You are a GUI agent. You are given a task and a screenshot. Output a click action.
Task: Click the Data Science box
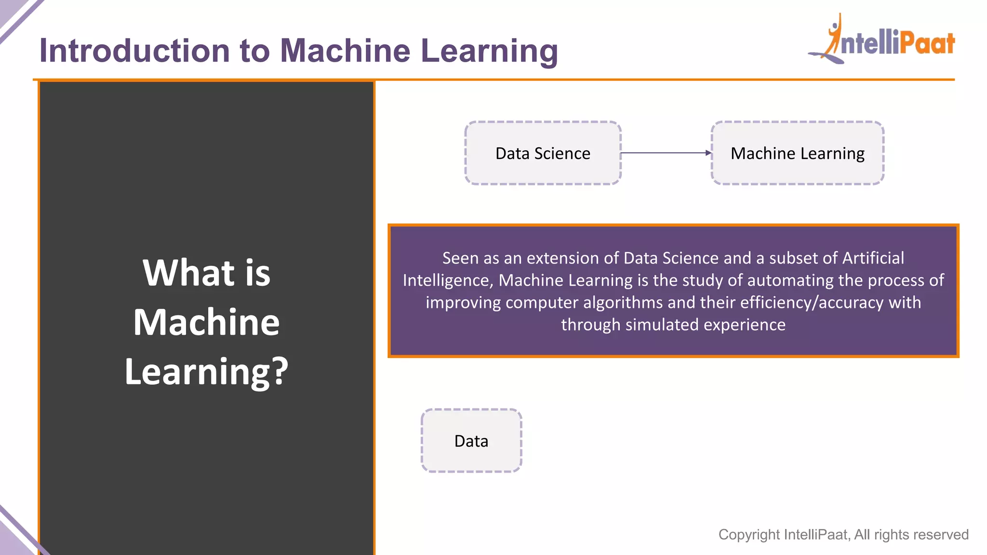click(543, 153)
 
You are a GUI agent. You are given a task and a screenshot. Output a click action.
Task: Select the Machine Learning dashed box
click(797, 153)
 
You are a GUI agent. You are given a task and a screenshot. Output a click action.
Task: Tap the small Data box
click(471, 441)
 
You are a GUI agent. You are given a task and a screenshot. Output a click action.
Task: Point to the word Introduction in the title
click(135, 51)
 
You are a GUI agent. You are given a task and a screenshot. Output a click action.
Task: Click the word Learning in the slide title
click(489, 52)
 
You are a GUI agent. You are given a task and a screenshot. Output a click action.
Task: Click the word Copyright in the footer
click(749, 534)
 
